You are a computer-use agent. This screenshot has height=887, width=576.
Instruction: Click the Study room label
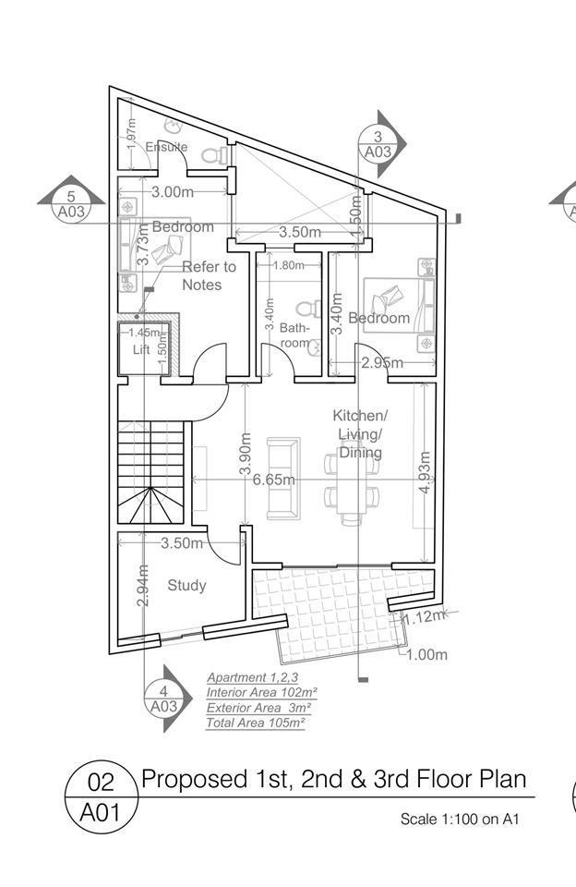pos(186,586)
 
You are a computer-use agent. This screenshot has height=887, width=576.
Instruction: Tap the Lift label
pos(141,349)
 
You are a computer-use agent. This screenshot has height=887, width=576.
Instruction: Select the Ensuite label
pos(166,147)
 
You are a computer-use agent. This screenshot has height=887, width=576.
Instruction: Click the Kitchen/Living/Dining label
pos(360,434)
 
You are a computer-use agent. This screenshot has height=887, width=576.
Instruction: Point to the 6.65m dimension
pos(273,480)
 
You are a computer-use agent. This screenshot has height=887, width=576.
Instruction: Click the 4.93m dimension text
pos(426,472)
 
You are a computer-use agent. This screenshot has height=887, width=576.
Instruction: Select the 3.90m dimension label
pos(246,454)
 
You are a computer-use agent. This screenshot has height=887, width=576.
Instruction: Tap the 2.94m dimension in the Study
pos(143,586)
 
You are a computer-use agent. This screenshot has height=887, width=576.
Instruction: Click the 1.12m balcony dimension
pos(425,616)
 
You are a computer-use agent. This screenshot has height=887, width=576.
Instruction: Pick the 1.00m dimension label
pos(426,654)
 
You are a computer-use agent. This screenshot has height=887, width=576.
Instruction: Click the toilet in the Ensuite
pos(215,154)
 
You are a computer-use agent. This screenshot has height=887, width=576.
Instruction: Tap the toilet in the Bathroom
pos(308,310)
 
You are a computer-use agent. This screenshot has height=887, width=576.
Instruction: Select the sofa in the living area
pos(283,479)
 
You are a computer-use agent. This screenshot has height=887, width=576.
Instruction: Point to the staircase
pos(151,472)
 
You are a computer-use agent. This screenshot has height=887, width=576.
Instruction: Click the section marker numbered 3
pos(382,144)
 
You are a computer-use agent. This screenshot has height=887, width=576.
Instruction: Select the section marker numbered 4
pos(168,699)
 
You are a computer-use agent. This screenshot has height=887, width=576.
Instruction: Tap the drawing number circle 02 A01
pos(102,796)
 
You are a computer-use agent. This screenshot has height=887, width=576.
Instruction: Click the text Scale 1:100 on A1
pos(460,819)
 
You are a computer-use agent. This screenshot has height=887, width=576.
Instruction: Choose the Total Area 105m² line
pos(256,723)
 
